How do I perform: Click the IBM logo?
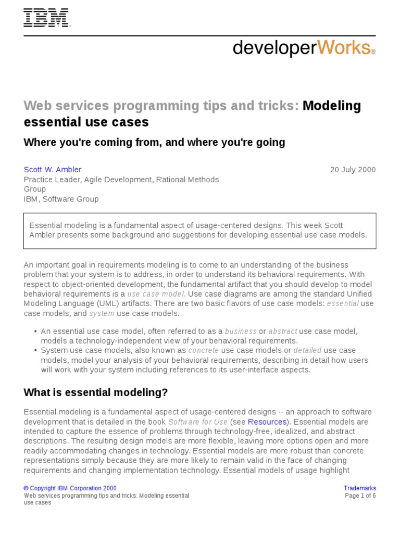[x=47, y=18]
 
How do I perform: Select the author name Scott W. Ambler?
[x=53, y=170]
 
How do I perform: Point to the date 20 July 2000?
[x=353, y=170]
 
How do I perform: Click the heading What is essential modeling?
[x=96, y=392]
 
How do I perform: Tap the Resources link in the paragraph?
[x=267, y=422]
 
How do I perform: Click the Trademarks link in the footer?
[x=359, y=488]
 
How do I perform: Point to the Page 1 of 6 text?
[x=360, y=496]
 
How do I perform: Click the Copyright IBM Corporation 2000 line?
[x=70, y=488]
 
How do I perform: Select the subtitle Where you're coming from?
[x=154, y=142]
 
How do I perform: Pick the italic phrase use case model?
[x=155, y=294]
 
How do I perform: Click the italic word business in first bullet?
[x=241, y=331]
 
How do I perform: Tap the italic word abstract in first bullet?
[x=283, y=331]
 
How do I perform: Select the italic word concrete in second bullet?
[x=204, y=350]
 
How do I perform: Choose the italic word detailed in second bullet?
[x=307, y=350]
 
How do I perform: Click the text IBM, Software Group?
[x=61, y=199]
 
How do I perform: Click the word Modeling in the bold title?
[x=332, y=106]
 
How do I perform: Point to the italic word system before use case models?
[x=102, y=313]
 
